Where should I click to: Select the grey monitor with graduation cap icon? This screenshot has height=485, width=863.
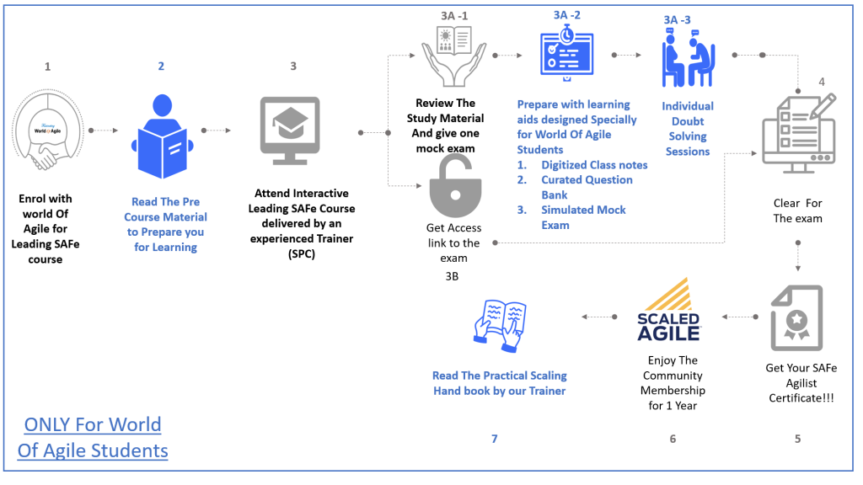[291, 134]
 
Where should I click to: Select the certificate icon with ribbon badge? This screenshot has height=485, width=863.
[796, 318]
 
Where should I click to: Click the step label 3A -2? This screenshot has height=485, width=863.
[566, 14]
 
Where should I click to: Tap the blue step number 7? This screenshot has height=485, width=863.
[495, 438]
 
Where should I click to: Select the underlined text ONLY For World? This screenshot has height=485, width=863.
[93, 424]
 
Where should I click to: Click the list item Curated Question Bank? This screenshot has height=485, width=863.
[586, 187]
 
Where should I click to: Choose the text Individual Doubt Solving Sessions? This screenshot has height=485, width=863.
[687, 129]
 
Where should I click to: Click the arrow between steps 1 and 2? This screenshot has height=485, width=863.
[103, 131]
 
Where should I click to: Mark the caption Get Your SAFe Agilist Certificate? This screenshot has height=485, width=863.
[801, 382]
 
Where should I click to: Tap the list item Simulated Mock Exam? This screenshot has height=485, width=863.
[583, 217]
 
